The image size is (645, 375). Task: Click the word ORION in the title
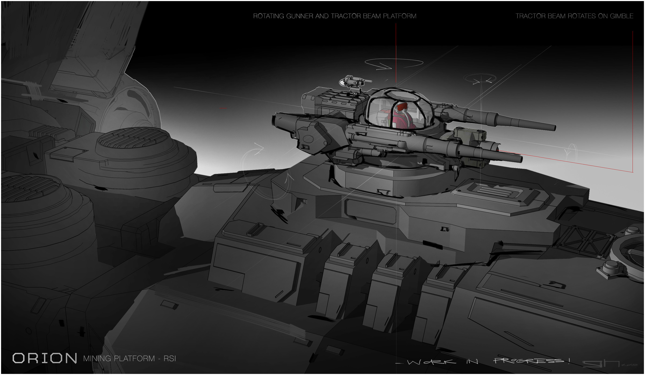pos(45,358)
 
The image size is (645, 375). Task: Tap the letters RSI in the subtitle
pos(170,359)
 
